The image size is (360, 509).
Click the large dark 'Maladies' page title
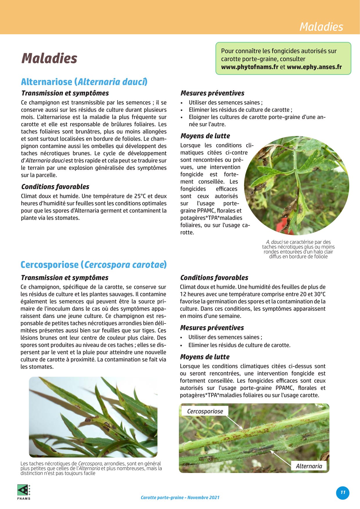49,58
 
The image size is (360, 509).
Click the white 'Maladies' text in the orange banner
321,27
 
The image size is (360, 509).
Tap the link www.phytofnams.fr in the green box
250,67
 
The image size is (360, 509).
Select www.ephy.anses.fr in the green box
314,67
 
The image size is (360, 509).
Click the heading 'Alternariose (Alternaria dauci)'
84,82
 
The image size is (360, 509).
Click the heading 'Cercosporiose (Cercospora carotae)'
93,265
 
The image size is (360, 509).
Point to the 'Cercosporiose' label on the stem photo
205,411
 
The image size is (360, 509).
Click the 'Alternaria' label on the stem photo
309,466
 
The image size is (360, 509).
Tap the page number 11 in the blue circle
343,492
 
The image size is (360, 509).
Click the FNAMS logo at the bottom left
24,492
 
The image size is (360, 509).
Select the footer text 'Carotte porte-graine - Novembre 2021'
180,497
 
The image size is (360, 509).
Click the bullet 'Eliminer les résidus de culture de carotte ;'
240,110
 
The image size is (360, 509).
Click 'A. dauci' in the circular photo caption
274,242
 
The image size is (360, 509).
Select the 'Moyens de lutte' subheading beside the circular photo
205,136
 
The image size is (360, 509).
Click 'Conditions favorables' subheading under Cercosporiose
214,278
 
